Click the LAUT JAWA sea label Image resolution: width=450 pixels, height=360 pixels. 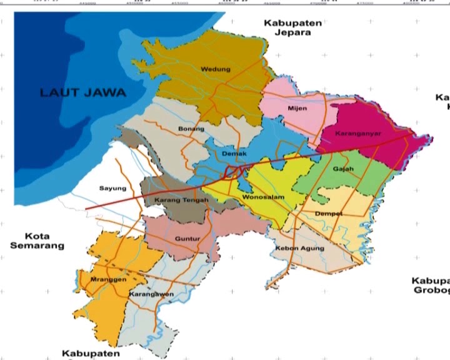point(83,92)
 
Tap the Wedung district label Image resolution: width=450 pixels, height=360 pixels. point(216,69)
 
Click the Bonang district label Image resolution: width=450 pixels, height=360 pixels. point(191,129)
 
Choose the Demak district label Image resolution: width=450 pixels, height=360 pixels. point(234,153)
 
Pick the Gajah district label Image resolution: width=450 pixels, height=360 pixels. point(343,169)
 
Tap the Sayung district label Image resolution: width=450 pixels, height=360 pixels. point(112,188)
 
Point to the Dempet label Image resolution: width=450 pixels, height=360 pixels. point(329,214)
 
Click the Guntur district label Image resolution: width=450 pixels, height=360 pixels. point(187,239)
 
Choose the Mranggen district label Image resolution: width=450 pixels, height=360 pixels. point(104,279)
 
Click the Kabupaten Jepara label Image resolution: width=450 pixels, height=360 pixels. point(292,27)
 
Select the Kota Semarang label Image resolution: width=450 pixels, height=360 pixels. point(37,241)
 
